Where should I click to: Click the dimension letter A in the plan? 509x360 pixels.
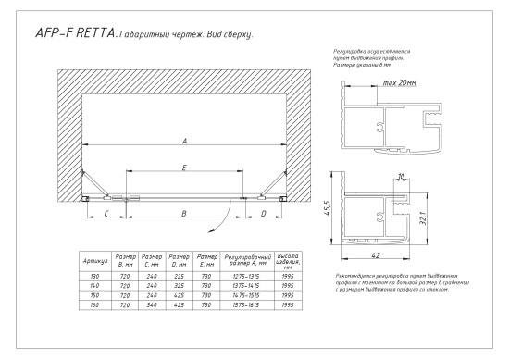(x=185, y=142)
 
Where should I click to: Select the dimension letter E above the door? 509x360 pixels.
(x=185, y=168)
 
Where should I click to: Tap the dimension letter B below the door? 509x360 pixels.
(x=184, y=214)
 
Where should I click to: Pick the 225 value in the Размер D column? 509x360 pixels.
(x=180, y=277)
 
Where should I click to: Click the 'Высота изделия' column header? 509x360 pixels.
(x=288, y=261)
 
